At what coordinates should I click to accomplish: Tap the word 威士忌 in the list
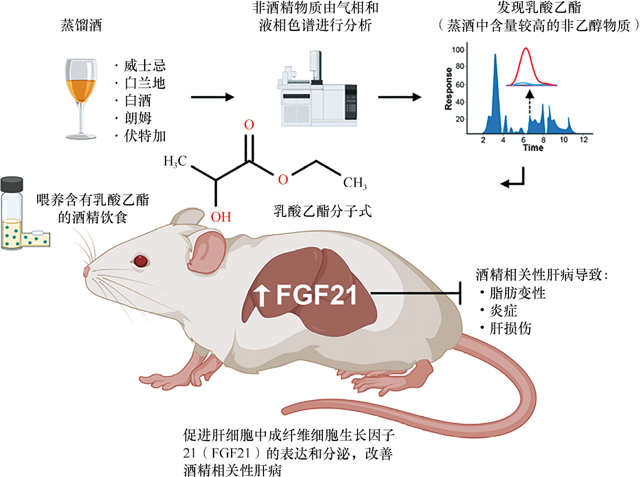click(145, 66)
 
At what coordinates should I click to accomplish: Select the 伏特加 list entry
click(145, 136)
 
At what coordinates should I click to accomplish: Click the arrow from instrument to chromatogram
click(399, 97)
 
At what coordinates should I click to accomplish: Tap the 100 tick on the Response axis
click(458, 49)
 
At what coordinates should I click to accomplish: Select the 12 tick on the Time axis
click(584, 139)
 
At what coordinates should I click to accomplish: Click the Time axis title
click(533, 148)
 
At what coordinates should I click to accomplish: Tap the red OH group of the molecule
click(221, 217)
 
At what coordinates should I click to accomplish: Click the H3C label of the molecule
click(175, 161)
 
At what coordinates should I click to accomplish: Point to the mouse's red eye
click(140, 261)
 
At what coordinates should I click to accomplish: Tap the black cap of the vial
click(12, 184)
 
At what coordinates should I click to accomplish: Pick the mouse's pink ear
click(206, 251)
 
